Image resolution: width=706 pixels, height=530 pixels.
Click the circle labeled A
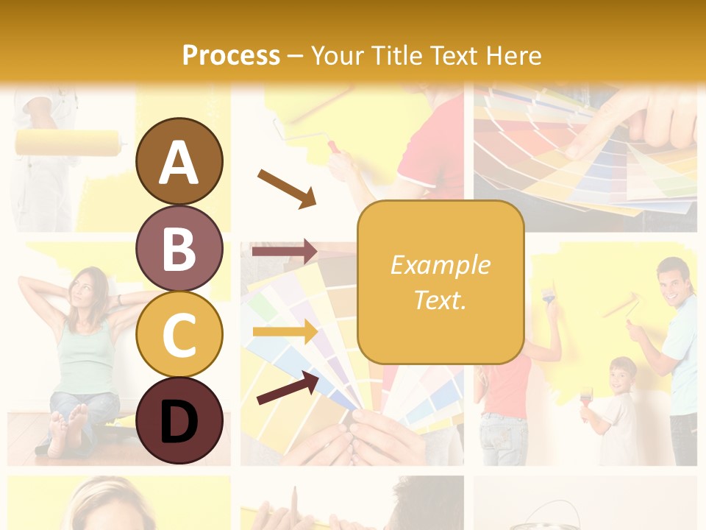click(x=179, y=161)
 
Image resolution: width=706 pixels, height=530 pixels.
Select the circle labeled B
click(x=179, y=248)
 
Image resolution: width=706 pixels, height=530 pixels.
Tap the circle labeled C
click(x=179, y=334)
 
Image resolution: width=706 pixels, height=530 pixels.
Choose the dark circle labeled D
click(x=179, y=420)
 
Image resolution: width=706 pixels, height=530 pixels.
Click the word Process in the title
click(x=231, y=55)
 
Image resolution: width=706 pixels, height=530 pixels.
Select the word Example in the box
click(x=440, y=265)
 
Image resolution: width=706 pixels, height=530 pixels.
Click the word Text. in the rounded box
click(x=440, y=300)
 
